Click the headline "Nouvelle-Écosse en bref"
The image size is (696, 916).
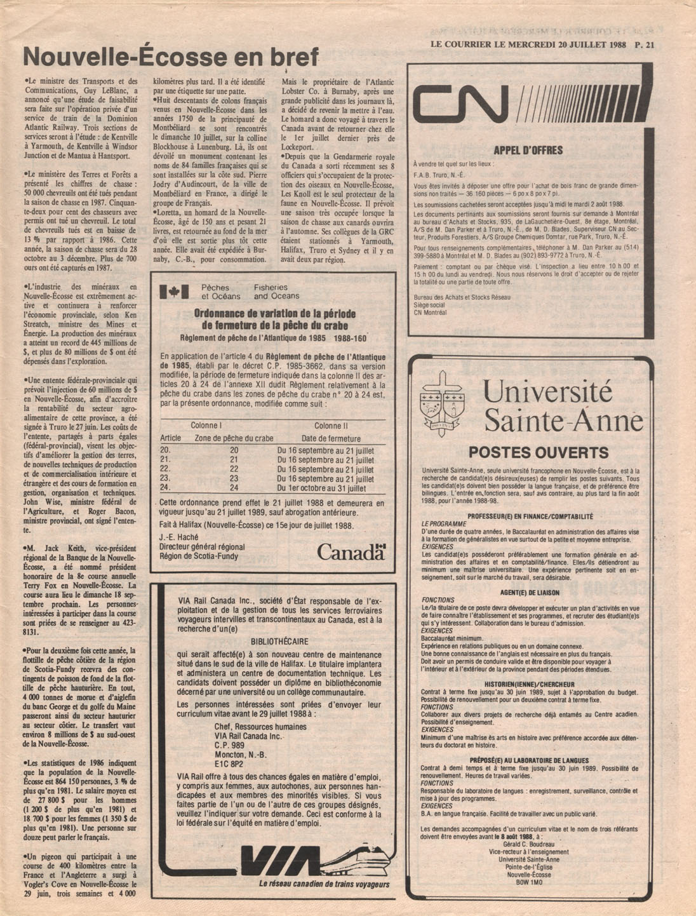170,58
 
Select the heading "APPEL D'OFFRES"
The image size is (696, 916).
528,151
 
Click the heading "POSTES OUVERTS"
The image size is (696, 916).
538,453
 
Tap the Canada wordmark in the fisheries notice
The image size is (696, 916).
351,552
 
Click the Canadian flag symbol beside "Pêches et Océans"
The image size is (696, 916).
174,292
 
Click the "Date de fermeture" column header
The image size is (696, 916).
331,438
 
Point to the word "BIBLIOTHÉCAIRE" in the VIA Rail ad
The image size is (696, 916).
279,642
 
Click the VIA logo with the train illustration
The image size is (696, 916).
293,865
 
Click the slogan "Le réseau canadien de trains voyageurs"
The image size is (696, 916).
324,884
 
